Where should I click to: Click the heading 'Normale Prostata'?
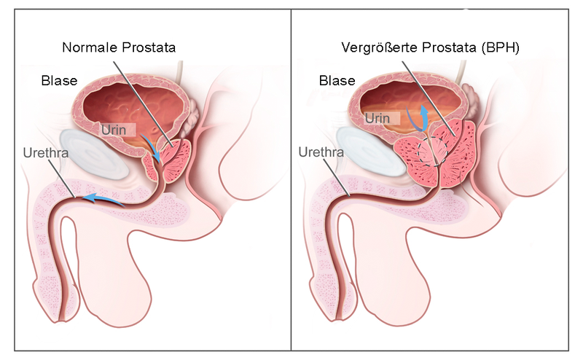119,47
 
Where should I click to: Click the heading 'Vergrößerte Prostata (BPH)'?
430,47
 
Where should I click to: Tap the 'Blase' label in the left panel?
59,81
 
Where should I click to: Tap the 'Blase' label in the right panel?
337,81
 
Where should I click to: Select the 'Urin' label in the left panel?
114,130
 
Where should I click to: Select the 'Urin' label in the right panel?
377,118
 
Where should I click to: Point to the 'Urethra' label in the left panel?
46,153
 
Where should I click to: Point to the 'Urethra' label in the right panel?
321,152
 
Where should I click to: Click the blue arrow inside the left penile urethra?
103,199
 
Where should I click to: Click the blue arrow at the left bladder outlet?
151,148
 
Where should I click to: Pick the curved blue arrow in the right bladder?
417,117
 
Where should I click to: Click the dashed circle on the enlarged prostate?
432,151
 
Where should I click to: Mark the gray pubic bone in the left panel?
94,154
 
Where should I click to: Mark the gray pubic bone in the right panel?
372,152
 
